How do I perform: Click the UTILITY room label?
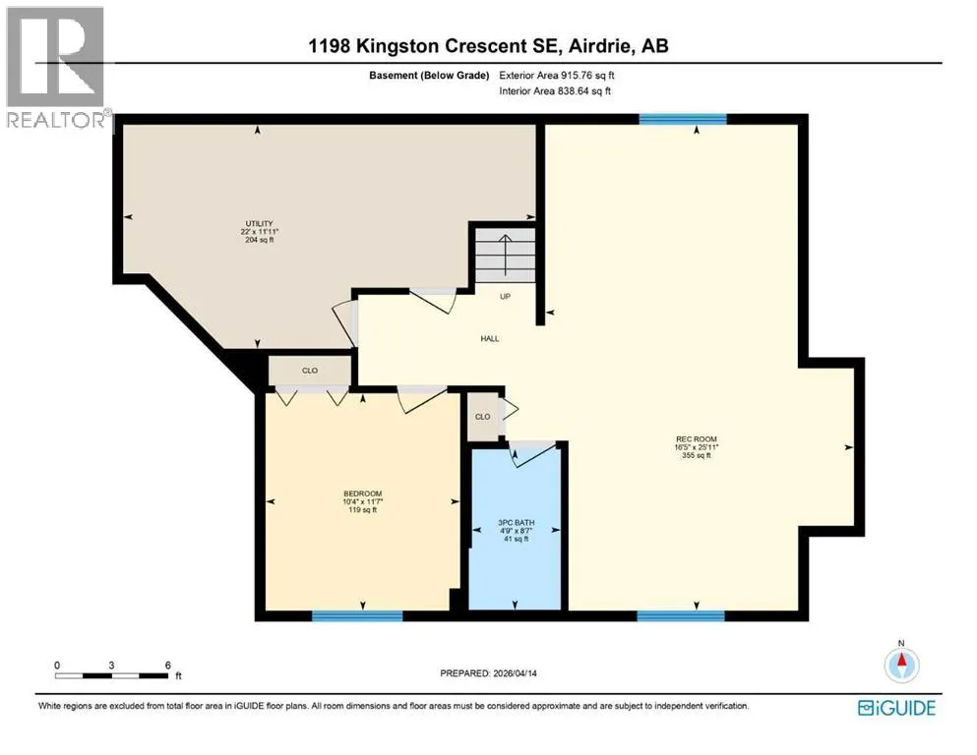259,223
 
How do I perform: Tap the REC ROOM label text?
697,438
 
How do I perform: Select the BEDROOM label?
363,494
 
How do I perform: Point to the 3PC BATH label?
516,523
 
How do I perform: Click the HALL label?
490,338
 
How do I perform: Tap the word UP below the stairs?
506,296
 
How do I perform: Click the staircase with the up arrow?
506,256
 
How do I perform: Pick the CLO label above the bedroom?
310,371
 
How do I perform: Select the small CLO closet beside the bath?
483,417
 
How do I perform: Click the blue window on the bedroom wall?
357,616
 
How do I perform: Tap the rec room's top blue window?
683,119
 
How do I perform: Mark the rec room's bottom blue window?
681,616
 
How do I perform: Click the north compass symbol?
901,665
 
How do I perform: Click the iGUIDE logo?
896,708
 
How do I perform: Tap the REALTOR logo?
56,67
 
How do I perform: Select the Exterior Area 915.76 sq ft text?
557,76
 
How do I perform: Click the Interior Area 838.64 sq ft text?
555,90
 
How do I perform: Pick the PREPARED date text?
488,673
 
